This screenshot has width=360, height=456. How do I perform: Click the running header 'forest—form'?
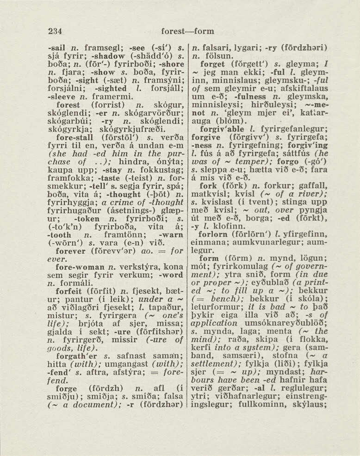pyautogui.click(x=187, y=31)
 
